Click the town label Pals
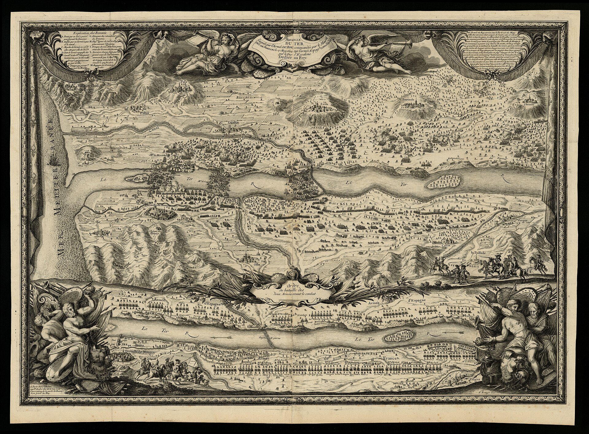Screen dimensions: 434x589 pyautogui.click(x=184, y=83)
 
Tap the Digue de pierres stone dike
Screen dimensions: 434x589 pyautogui.click(x=269, y=338)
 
